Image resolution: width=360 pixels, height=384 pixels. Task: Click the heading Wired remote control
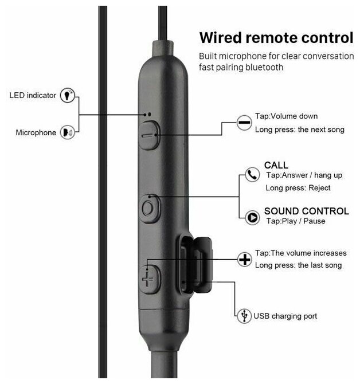[x=275, y=38]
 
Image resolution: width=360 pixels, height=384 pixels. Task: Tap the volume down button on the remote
[x=149, y=135]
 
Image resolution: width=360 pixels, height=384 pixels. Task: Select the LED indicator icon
[x=69, y=95]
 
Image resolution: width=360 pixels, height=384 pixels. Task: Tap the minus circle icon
[x=244, y=123]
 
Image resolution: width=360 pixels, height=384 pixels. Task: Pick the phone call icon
[x=252, y=175]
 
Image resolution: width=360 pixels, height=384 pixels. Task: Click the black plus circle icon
[x=245, y=260]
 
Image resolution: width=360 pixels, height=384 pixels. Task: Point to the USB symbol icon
[x=244, y=315]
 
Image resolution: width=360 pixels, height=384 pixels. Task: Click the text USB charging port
[x=285, y=316]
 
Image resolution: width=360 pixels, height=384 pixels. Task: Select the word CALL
[x=276, y=165]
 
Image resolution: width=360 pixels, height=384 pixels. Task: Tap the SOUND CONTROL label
[x=306, y=211]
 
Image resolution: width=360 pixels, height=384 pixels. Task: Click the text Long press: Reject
[x=298, y=188]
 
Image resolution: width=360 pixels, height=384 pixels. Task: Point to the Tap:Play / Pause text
[x=296, y=221]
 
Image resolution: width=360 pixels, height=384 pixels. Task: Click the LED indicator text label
[x=33, y=95]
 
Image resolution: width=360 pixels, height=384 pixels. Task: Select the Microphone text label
[x=36, y=133]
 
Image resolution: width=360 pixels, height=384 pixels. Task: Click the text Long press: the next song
[x=300, y=129]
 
